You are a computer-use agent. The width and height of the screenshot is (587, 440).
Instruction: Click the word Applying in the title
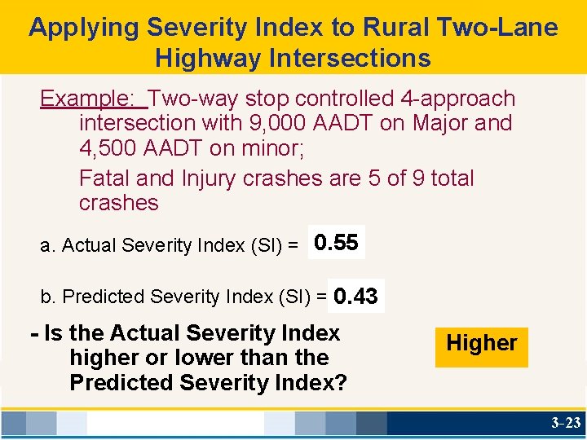(85, 29)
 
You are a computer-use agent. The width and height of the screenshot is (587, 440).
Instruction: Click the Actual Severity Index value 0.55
(336, 243)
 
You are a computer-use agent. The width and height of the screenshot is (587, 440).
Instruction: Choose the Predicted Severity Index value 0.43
(355, 297)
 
